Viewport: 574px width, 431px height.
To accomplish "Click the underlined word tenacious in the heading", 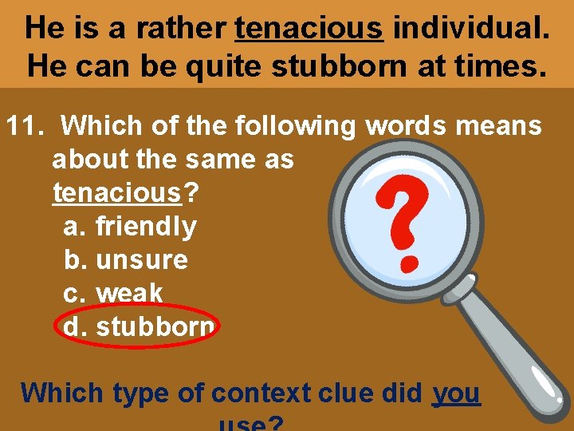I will point(309,28).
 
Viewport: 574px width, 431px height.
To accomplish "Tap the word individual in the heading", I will point(471,28).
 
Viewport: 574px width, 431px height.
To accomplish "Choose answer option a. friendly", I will point(130,227).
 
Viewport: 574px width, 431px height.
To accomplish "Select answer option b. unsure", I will point(126,260).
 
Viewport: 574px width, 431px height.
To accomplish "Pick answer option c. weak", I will point(113,294).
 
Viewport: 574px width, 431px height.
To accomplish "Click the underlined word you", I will point(457,393).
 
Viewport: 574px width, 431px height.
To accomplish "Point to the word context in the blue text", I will point(260,393).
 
